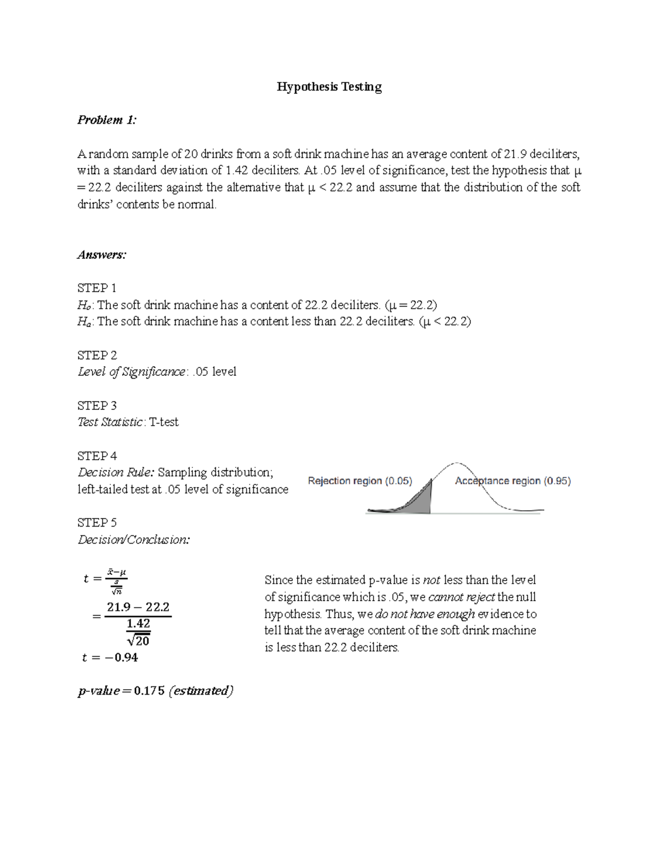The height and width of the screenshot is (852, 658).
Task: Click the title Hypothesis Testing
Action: tap(329, 87)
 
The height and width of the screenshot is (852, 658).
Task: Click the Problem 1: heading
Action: tap(106, 120)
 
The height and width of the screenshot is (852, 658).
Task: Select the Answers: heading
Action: tap(102, 255)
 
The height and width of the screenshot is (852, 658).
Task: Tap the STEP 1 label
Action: tap(97, 288)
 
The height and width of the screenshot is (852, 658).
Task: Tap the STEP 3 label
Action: tap(97, 405)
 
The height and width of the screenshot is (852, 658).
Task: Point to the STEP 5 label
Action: tap(97, 522)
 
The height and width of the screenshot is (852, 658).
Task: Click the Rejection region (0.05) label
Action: tap(360, 481)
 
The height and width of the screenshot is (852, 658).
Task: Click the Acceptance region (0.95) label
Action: tap(513, 481)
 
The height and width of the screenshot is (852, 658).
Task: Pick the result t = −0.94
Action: tap(110, 657)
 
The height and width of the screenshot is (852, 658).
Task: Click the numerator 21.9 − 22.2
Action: tap(138, 607)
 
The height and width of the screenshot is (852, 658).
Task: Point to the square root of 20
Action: tap(138, 640)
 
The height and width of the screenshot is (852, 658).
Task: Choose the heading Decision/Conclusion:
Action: tap(134, 540)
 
